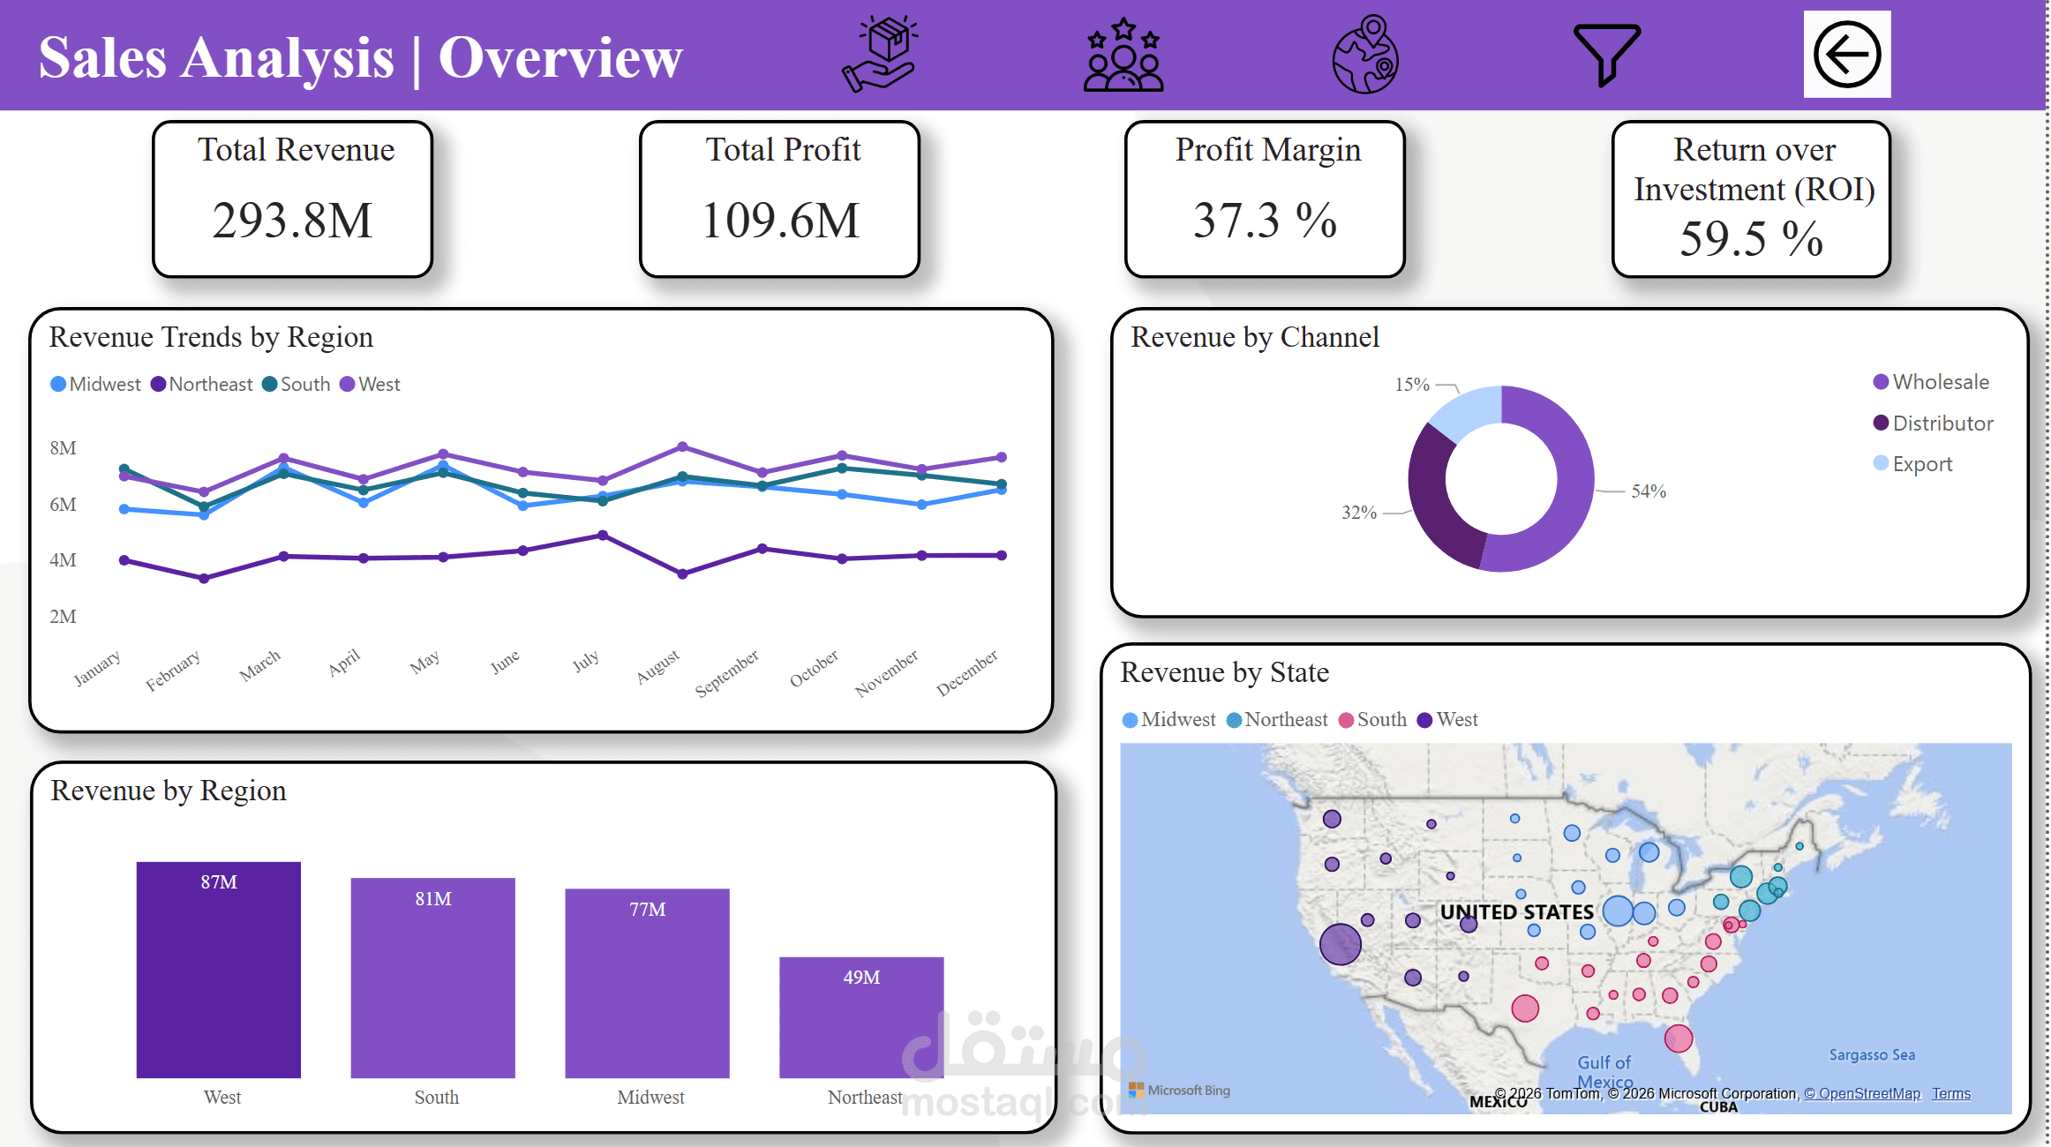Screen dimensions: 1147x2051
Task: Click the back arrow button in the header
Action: pyautogui.click(x=1846, y=55)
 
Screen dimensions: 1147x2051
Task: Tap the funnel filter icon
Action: pyautogui.click(x=1606, y=55)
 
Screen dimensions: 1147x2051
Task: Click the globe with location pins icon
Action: pyautogui.click(x=1365, y=55)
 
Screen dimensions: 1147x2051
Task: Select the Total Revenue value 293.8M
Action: pyautogui.click(x=292, y=221)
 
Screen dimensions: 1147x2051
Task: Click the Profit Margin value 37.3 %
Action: pyautogui.click(x=1265, y=221)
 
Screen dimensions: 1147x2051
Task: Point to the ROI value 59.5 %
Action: pyautogui.click(x=1751, y=239)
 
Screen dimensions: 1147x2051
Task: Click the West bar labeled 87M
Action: pyautogui.click(x=218, y=971)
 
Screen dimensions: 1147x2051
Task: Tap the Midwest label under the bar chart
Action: pyautogui.click(x=650, y=1097)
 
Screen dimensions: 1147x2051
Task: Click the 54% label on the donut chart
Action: pyautogui.click(x=1648, y=491)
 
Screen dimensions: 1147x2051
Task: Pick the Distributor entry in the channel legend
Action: pyautogui.click(x=1942, y=424)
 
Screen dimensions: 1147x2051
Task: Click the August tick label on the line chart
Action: pyautogui.click(x=658, y=667)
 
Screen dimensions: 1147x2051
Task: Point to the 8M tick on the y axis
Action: pyautogui.click(x=63, y=448)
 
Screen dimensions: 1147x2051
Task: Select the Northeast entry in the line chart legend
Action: pyautogui.click(x=210, y=385)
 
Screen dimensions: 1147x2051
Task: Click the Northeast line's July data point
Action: pyautogui.click(x=603, y=536)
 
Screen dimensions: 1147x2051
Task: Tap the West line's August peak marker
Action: pyautogui.click(x=682, y=446)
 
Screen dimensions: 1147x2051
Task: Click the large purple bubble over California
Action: pyautogui.click(x=1340, y=943)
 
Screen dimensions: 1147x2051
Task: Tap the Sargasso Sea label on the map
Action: pyautogui.click(x=1871, y=1055)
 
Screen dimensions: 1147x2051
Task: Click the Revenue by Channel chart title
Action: pyautogui.click(x=1254, y=337)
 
